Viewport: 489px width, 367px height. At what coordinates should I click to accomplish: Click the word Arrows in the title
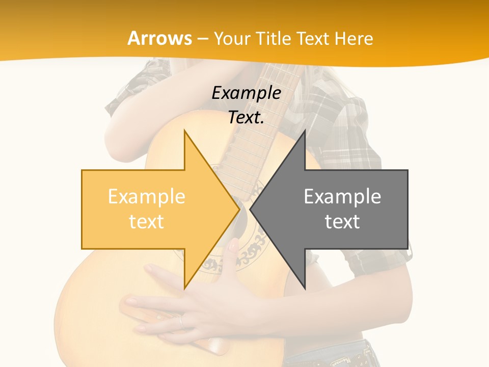[x=160, y=39]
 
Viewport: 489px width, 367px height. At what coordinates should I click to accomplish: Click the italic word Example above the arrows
[x=246, y=93]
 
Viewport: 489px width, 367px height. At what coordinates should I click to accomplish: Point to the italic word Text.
[x=246, y=118]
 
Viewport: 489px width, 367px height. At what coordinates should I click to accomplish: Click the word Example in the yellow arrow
[x=147, y=197]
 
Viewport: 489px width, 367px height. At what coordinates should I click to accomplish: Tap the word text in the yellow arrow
[x=147, y=222]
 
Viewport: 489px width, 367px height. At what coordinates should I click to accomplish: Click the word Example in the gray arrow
[x=342, y=197]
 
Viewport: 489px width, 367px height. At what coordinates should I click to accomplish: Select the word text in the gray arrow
[x=342, y=222]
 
